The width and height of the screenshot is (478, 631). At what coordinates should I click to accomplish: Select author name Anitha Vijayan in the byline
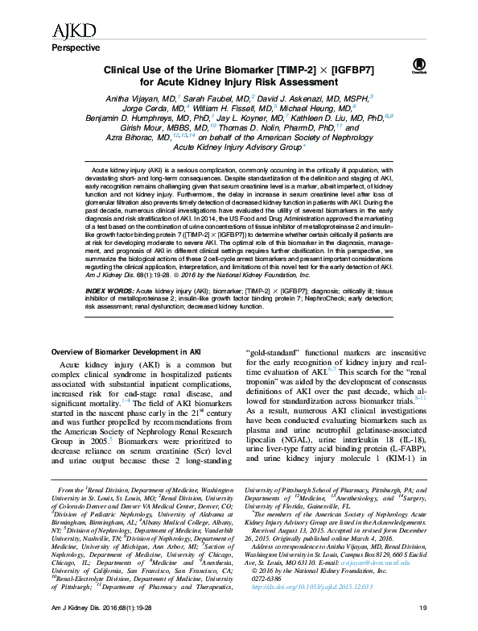click(146, 96)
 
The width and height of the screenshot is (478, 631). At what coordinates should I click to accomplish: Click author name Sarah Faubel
click(222, 96)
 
